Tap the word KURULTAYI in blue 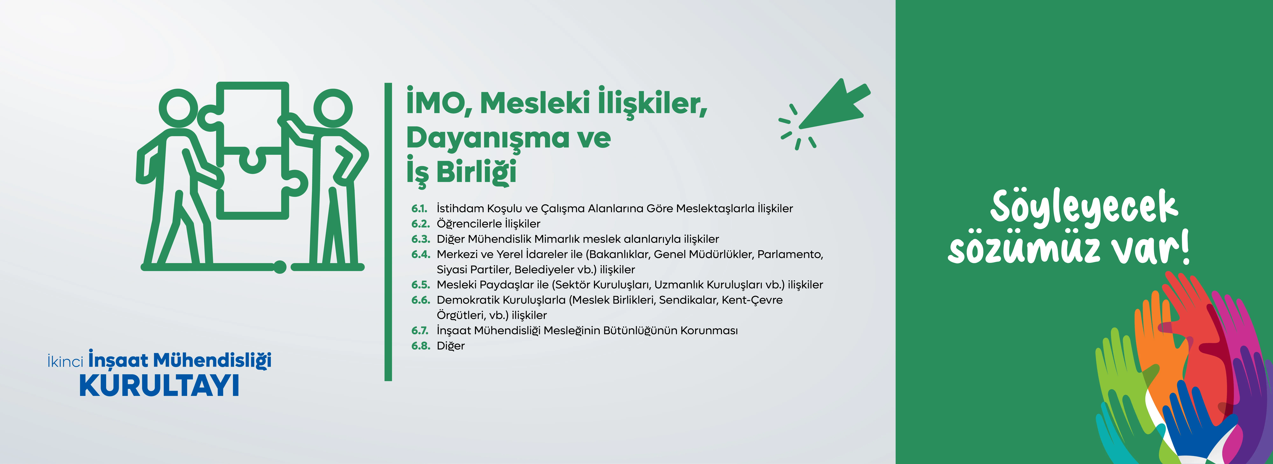159,386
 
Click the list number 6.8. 421,346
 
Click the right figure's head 333,109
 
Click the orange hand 1159,346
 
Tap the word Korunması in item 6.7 709,331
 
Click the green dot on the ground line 280,267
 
